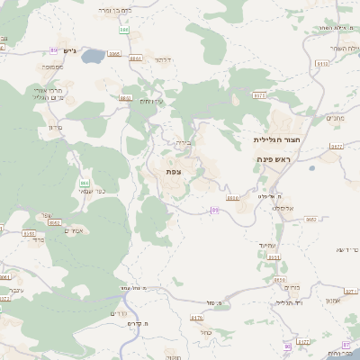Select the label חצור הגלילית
pos(276,140)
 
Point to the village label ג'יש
pos(74,50)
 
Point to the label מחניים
pos(334,118)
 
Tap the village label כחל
pos(206,331)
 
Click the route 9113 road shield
pos(321,65)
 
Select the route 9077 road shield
pos(336,146)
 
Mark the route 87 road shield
pos(346,345)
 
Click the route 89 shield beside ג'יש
pos(55,50)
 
